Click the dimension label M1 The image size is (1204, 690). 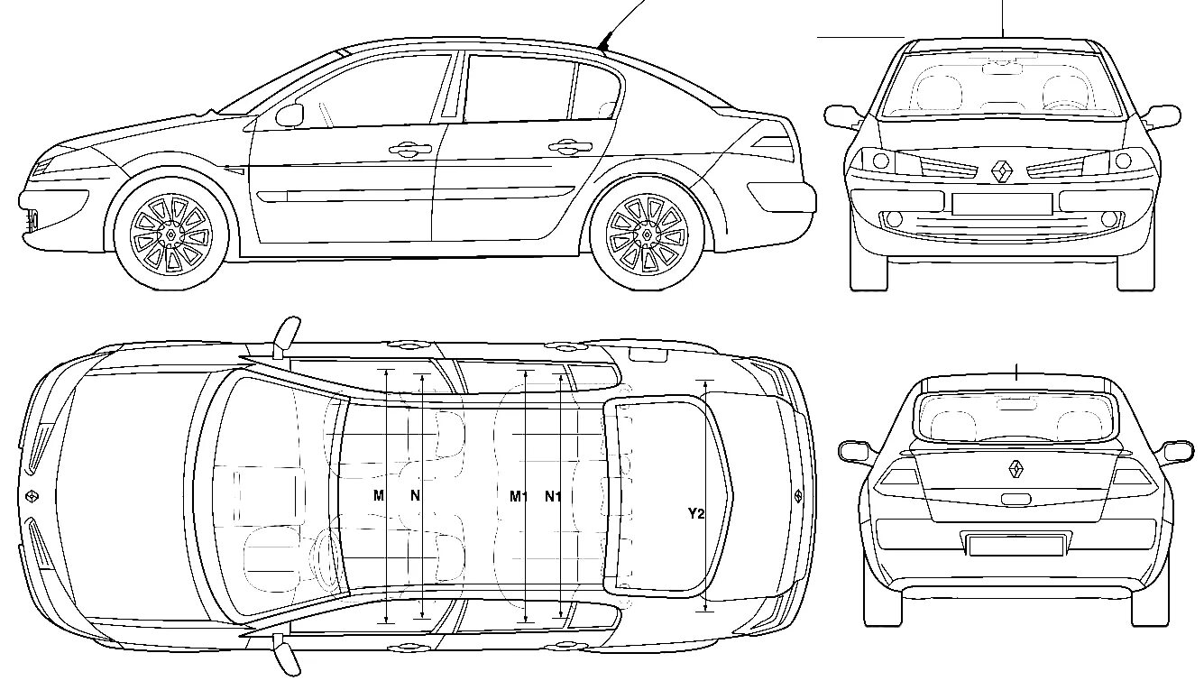click(518, 495)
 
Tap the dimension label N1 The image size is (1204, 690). click(553, 495)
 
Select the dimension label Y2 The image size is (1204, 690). click(695, 513)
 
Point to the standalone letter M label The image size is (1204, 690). click(379, 495)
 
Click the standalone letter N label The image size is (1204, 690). click(415, 495)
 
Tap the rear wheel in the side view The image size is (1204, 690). click(647, 234)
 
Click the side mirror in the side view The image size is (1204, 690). click(290, 115)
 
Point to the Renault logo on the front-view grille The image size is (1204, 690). click(1001, 170)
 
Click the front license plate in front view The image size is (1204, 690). click(1001, 204)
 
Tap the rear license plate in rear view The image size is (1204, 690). click(1016, 544)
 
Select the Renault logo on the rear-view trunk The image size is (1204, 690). click(1016, 468)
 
